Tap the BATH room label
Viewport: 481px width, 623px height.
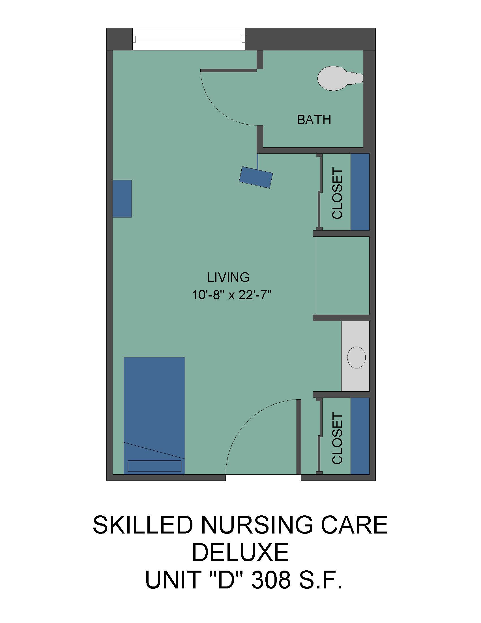(314, 120)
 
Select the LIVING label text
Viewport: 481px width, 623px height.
(228, 277)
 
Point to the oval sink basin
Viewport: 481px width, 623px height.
(356, 357)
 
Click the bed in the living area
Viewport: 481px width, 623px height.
(154, 416)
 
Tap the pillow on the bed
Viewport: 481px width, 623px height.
(154, 466)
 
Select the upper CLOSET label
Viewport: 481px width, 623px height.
(337, 194)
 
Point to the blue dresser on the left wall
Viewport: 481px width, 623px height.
(122, 199)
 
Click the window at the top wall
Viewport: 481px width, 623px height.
(189, 39)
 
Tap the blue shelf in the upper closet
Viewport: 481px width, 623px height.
(360, 192)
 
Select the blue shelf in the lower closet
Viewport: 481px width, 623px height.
(360, 436)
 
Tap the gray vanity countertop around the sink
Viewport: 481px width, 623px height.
(355, 356)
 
